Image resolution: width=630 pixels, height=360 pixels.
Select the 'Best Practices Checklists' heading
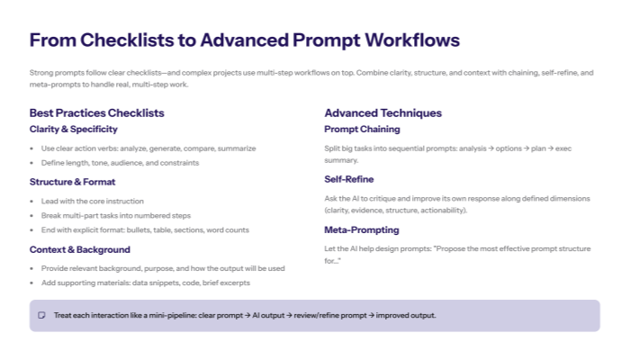(96, 112)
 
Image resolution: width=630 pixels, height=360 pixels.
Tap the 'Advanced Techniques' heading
(382, 112)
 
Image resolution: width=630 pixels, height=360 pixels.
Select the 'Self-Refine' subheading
(349, 179)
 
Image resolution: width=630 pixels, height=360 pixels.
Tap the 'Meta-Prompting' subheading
(361, 229)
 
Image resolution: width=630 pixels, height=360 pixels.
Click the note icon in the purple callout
(41, 315)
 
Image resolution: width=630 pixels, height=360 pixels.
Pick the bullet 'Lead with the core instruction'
(92, 201)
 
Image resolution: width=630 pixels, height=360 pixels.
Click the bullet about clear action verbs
(148, 148)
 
